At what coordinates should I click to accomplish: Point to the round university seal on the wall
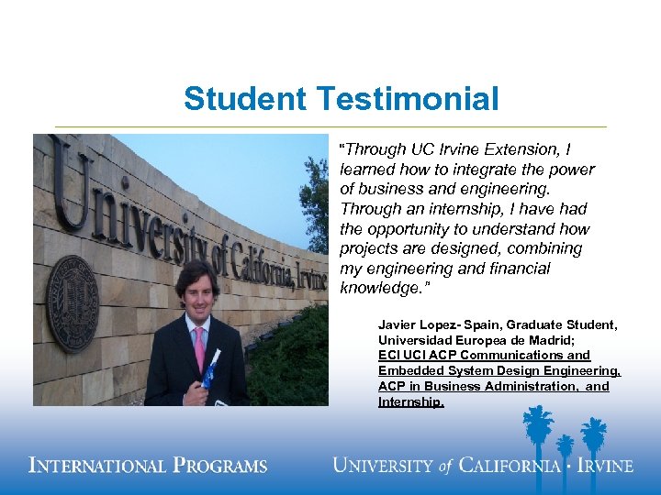pos(73,302)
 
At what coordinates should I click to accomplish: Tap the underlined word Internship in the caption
pos(410,401)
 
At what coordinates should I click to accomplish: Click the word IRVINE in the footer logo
pos(603,465)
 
